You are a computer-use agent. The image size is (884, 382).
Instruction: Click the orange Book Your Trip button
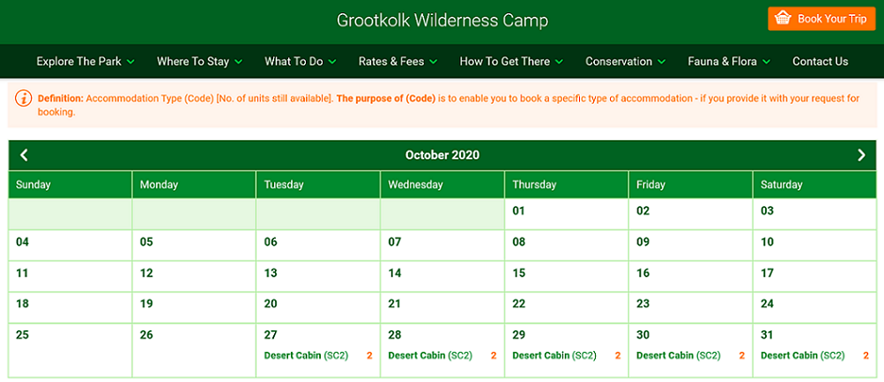point(821,18)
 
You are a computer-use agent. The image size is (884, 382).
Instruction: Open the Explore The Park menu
point(85,62)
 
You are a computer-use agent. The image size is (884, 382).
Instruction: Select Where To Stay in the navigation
point(199,62)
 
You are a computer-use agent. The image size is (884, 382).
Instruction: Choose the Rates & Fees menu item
point(398,62)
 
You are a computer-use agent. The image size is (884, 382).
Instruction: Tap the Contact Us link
point(821,62)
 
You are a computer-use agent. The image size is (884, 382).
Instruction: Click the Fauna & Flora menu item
point(729,62)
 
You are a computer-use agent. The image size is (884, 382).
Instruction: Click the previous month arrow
point(24,155)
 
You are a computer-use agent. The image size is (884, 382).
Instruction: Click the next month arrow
point(861,155)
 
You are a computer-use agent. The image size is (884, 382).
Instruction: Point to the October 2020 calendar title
point(442,155)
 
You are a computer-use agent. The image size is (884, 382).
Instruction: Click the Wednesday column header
point(415,184)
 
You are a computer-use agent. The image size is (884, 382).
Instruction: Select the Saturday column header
point(782,184)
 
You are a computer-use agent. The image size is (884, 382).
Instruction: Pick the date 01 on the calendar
point(518,211)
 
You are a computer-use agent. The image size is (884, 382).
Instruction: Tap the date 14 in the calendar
point(395,273)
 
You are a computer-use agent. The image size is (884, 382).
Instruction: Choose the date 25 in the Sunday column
point(22,335)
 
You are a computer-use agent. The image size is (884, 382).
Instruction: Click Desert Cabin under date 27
point(292,356)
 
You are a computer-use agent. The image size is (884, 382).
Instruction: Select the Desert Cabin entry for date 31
point(789,356)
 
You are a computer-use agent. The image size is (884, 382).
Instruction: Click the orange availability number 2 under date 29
point(618,356)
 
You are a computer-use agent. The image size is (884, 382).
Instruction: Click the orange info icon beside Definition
point(24,98)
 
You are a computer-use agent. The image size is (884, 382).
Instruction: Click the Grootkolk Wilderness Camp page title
point(442,20)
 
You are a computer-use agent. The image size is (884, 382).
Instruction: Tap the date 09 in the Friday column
point(643,242)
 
